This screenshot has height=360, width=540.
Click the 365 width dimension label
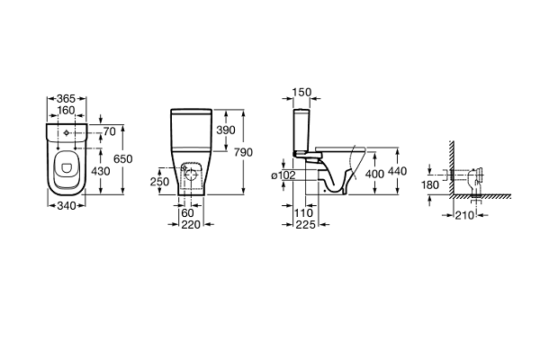(66, 98)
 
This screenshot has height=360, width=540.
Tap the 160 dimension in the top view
(66, 110)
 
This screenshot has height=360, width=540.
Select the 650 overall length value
(123, 158)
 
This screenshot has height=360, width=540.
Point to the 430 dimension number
(101, 171)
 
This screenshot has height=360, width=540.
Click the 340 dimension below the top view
(66, 206)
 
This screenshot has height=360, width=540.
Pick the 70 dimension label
(110, 131)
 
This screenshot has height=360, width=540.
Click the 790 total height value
(243, 152)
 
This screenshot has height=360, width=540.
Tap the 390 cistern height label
(226, 130)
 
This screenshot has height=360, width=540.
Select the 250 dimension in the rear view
(159, 182)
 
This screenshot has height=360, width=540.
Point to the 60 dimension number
(187, 213)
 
